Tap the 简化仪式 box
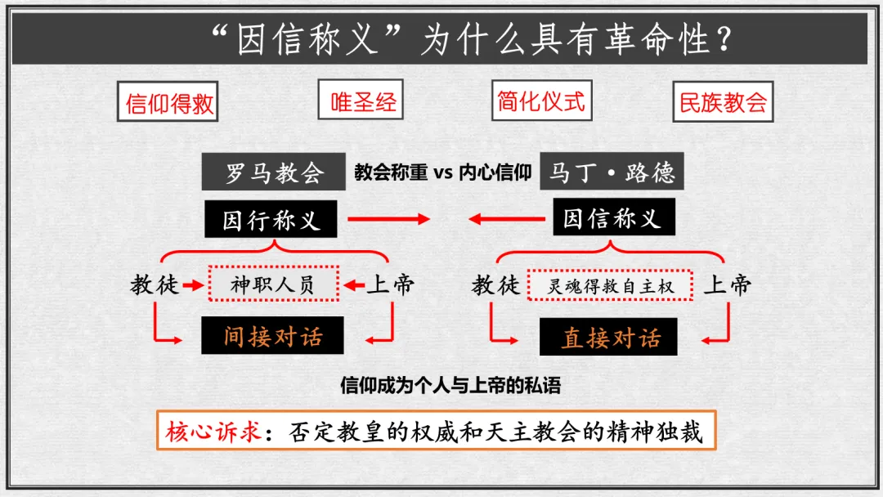[x=541, y=101]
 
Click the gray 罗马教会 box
[x=274, y=173]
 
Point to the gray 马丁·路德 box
[x=612, y=173]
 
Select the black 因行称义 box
[x=271, y=219]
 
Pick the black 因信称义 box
[x=612, y=218]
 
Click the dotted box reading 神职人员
[x=272, y=284]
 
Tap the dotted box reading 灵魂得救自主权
[x=610, y=285]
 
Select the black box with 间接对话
[x=273, y=336]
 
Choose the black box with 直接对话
[x=609, y=337]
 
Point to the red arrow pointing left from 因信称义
[x=507, y=219]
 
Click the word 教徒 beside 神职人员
[x=154, y=284]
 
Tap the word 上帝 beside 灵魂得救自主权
[x=727, y=284]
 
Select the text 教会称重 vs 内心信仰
[x=442, y=173]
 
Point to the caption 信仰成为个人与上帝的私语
[x=450, y=385]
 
